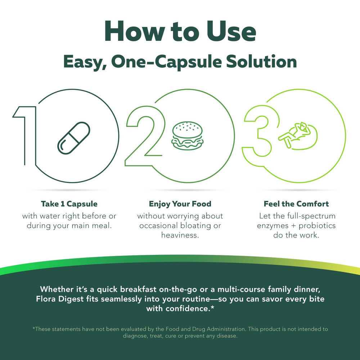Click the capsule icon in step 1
click(73, 138)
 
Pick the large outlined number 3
click(257, 135)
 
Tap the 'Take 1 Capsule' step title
click(69, 204)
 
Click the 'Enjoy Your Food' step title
click(180, 204)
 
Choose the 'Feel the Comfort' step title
click(296, 204)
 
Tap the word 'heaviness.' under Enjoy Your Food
click(180, 235)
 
